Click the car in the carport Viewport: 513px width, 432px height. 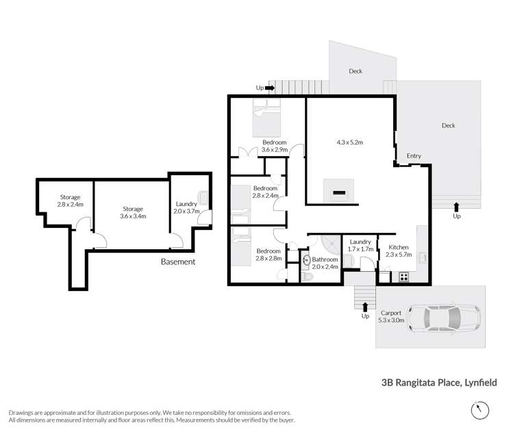(x=444, y=318)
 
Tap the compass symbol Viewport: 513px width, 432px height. (x=480, y=410)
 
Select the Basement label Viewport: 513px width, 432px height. (x=178, y=262)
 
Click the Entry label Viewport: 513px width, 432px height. (x=414, y=155)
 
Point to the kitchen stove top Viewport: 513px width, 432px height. (x=403, y=277)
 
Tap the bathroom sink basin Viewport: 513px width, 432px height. (x=306, y=260)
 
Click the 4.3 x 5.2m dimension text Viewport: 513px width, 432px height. (x=350, y=142)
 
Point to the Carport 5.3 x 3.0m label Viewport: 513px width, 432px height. (x=391, y=316)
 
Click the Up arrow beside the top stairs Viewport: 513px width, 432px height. (x=270, y=88)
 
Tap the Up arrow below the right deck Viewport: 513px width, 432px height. (x=456, y=207)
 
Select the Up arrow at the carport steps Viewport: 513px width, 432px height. (x=365, y=307)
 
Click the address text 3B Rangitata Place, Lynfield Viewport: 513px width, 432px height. (x=439, y=383)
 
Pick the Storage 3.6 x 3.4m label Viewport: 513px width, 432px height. (x=133, y=212)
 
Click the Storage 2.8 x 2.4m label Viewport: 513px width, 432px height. (x=70, y=201)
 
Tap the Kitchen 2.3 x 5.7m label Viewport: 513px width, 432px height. (x=399, y=251)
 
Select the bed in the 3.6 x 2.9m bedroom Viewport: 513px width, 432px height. (x=266, y=118)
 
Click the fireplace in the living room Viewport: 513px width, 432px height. (x=339, y=191)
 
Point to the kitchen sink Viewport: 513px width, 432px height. (x=423, y=257)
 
